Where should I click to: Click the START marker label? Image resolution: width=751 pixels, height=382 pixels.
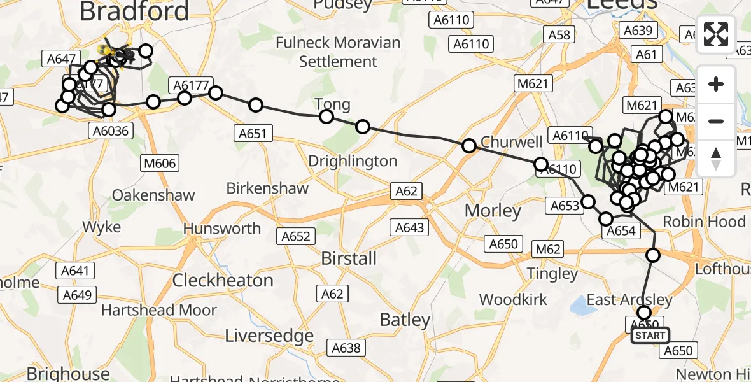650,336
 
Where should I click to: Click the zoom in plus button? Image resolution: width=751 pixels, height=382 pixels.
716,84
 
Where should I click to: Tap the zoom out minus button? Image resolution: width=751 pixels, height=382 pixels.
716,121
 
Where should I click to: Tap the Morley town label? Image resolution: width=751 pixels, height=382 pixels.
493,211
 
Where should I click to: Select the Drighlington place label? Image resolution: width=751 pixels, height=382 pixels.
353,161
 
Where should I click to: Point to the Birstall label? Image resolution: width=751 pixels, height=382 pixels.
349,258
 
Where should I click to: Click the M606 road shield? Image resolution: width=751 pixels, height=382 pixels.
160,164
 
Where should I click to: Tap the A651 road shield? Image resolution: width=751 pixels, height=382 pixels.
253,134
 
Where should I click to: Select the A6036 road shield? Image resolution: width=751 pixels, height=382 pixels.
109,131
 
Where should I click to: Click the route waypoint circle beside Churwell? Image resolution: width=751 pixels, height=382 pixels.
469,146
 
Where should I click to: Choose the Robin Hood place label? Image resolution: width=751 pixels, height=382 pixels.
704,222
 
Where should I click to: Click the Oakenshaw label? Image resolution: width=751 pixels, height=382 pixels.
153,195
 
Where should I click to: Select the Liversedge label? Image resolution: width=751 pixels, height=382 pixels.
270,336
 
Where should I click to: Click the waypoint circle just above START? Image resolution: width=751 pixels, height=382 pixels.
644,313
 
